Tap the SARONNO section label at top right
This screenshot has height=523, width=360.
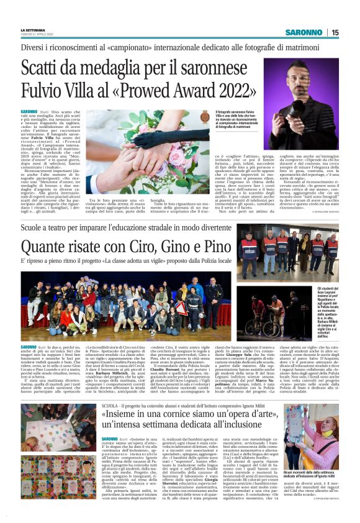pos(304,32)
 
